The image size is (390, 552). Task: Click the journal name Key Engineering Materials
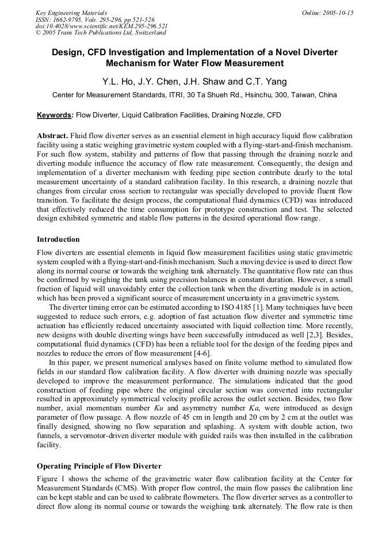[71, 13]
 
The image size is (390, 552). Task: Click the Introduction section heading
[58, 239]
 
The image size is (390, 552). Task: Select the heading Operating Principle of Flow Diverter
[99, 466]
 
